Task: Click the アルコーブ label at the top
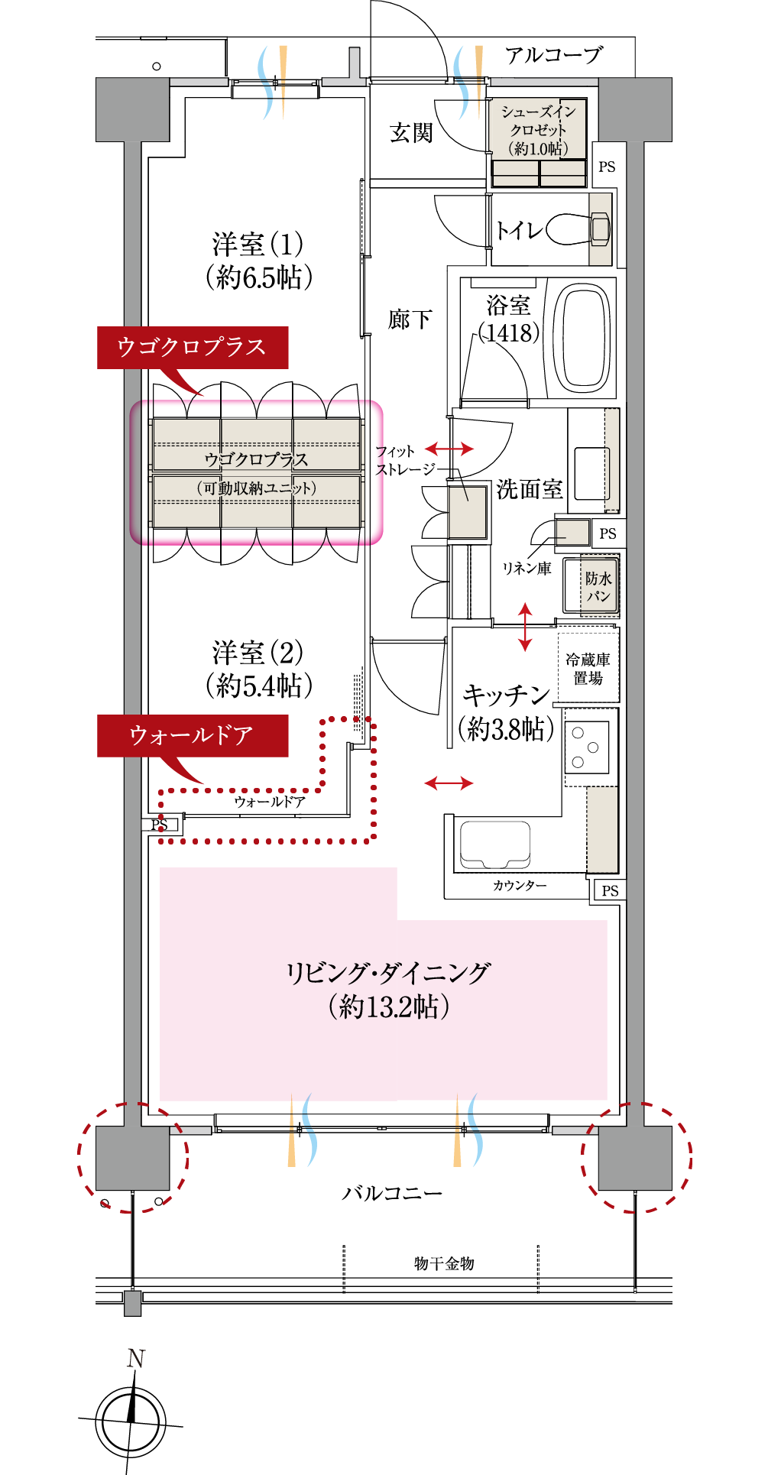pyautogui.click(x=553, y=55)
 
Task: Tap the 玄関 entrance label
pyautogui.click(x=411, y=133)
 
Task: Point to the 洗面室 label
pyautogui.click(x=529, y=489)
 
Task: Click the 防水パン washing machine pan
pyautogui.click(x=591, y=587)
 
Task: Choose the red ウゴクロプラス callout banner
pyautogui.click(x=192, y=348)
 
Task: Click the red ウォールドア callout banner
pyautogui.click(x=192, y=736)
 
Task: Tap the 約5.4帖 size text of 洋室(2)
pyautogui.click(x=259, y=686)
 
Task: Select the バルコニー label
pyautogui.click(x=391, y=1193)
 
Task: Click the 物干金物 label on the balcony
pyautogui.click(x=444, y=1263)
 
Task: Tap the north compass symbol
pyautogui.click(x=131, y=1420)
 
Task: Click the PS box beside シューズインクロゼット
pyautogui.click(x=607, y=167)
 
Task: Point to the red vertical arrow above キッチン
pyautogui.click(x=525, y=627)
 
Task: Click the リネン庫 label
pyautogui.click(x=526, y=569)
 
